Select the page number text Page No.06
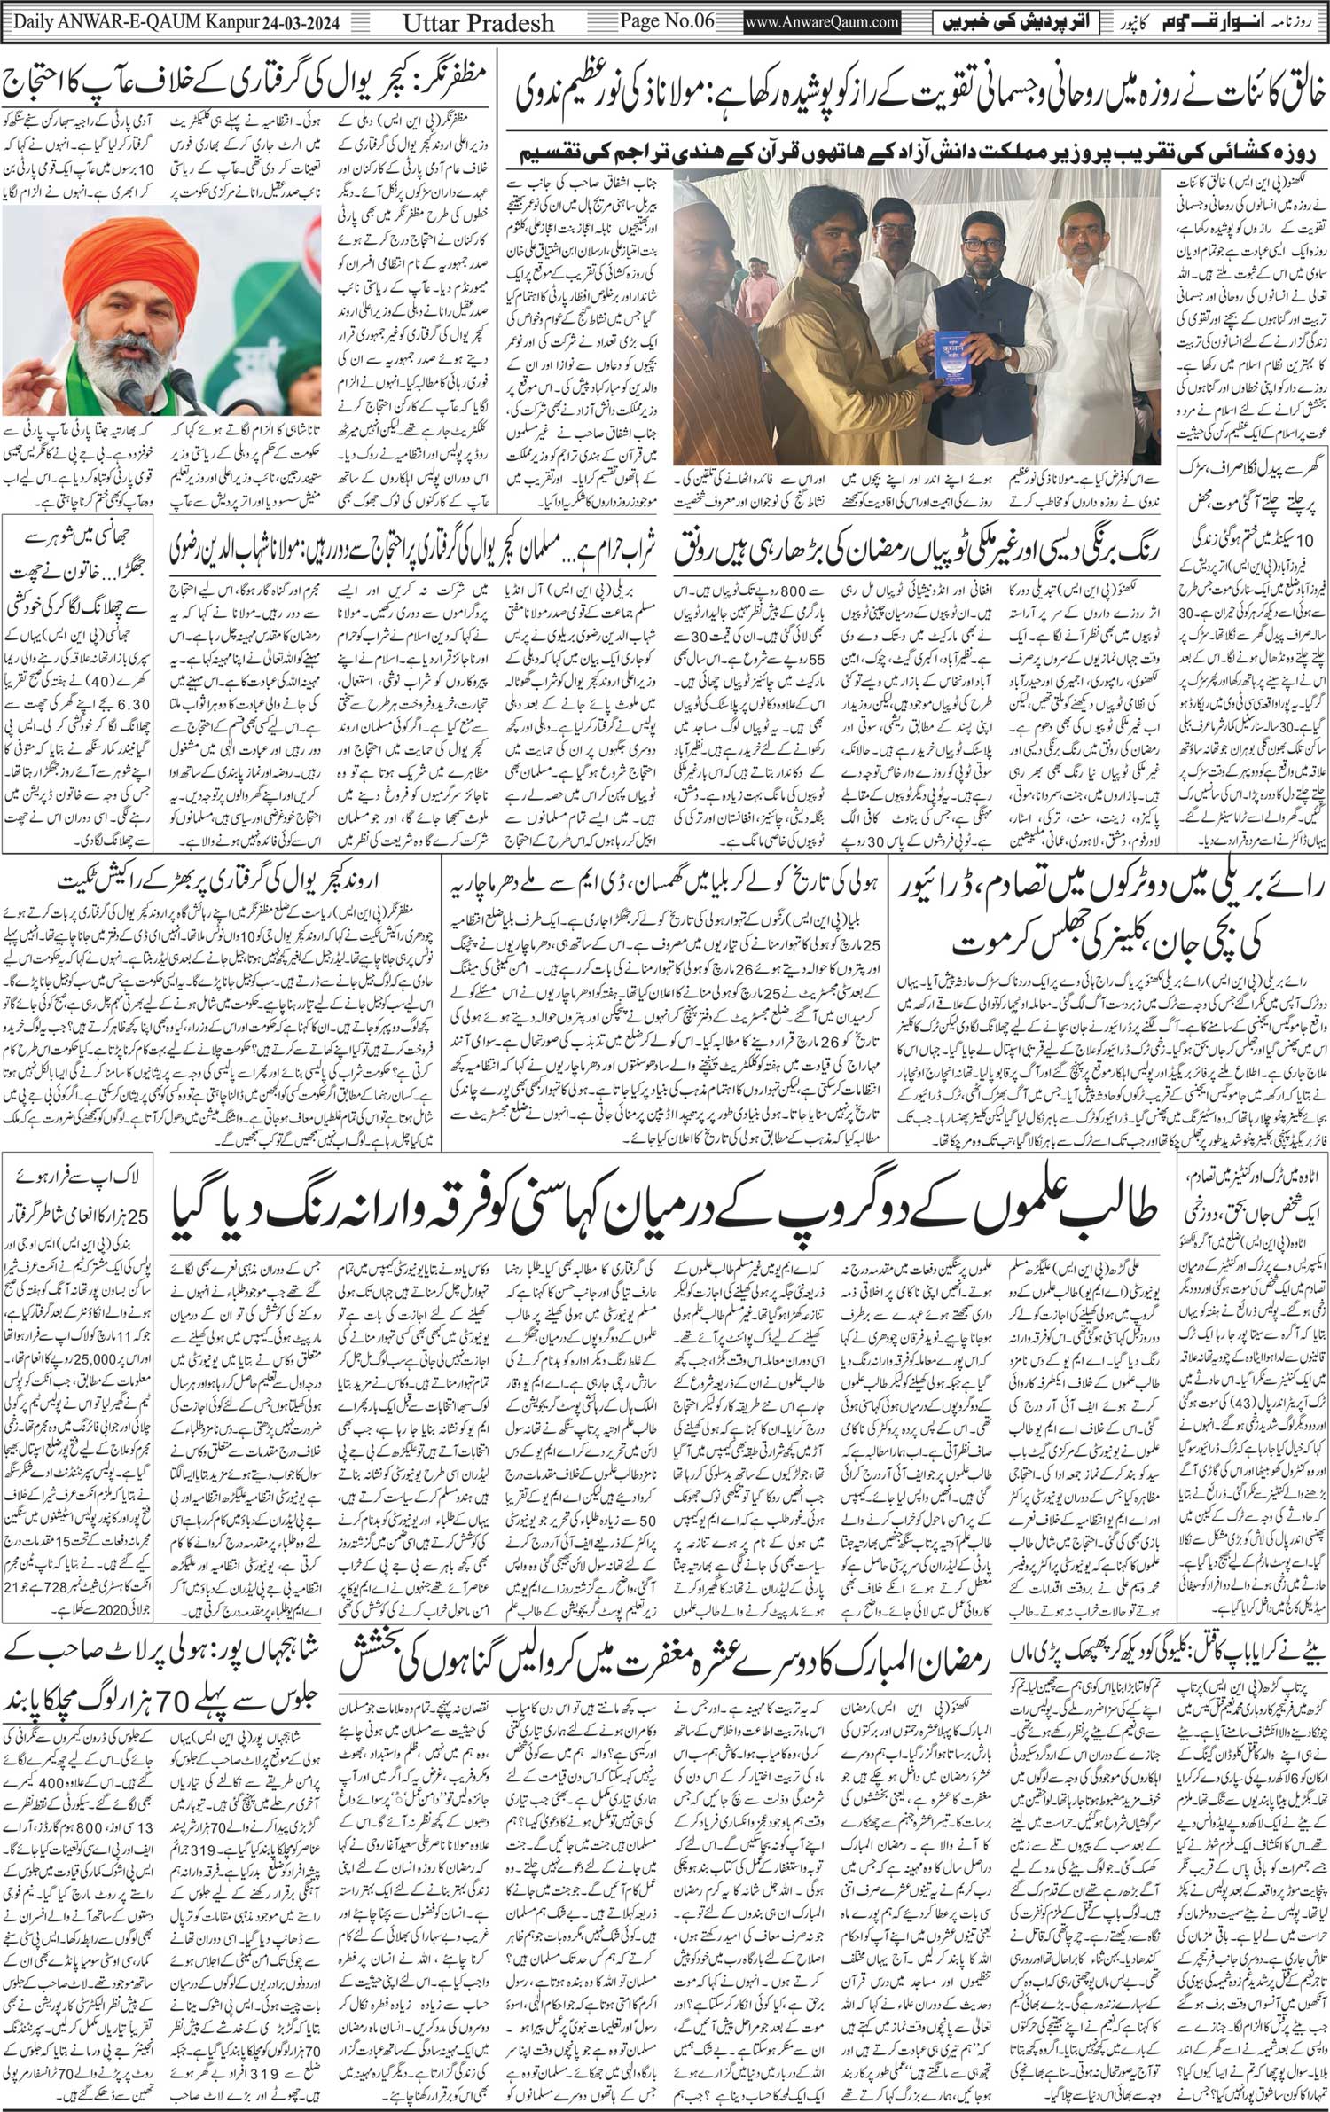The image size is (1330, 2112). pyautogui.click(x=680, y=20)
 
